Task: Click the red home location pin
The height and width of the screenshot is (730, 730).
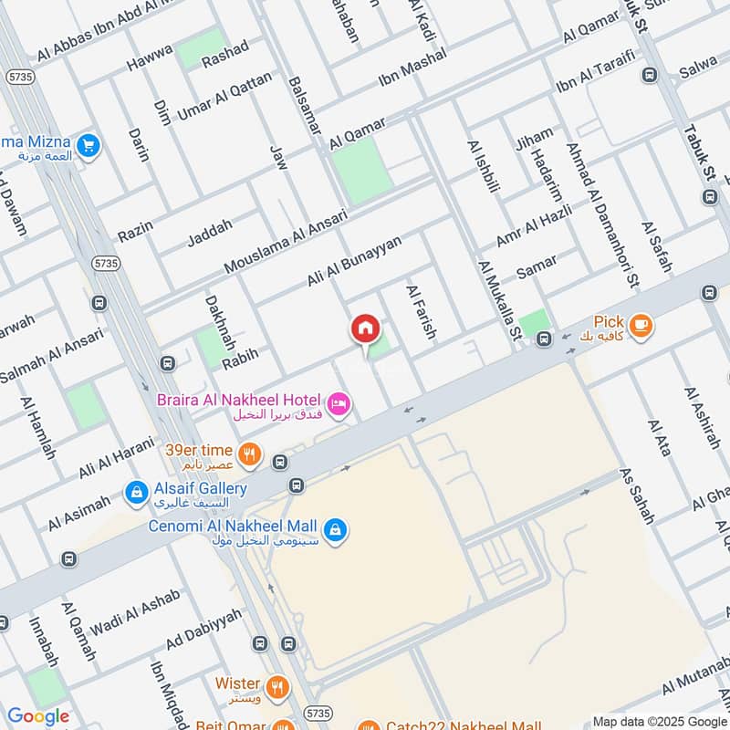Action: coord(365,329)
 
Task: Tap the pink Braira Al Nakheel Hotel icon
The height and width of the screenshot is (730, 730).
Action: coord(339,402)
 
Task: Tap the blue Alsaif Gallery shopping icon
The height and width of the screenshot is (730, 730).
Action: coord(137,493)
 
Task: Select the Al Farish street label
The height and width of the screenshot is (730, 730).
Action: coord(422,313)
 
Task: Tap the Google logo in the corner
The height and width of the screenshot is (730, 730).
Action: coord(38,716)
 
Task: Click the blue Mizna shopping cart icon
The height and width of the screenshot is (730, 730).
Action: coord(89,144)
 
